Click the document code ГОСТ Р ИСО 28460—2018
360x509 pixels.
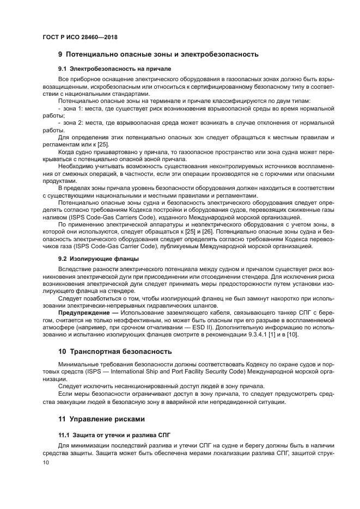[x=80, y=37]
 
